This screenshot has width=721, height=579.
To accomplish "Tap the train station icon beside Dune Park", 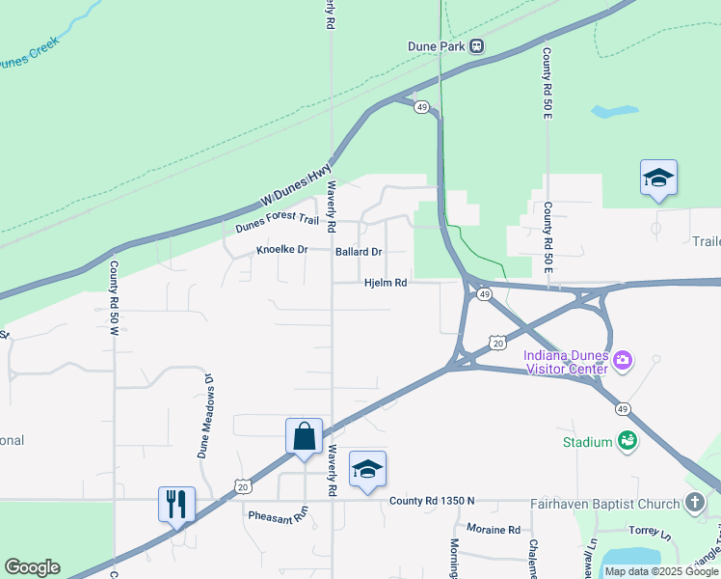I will (x=476, y=45).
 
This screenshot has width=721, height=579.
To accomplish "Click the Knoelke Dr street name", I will (x=281, y=250).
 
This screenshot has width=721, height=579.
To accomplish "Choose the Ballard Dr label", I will (x=359, y=252).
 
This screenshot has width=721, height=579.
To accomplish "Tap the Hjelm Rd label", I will (x=386, y=284).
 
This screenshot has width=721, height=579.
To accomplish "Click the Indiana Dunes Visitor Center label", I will (x=566, y=361).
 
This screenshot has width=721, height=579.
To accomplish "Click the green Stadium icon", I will (x=628, y=441).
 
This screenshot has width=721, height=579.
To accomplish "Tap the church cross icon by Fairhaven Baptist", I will (x=695, y=502).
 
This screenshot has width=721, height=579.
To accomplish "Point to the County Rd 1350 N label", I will (x=433, y=501).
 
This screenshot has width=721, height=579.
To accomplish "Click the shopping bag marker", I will (x=305, y=436).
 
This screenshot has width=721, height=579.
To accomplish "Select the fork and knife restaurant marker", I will (x=177, y=504).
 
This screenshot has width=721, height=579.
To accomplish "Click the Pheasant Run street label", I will (x=276, y=516).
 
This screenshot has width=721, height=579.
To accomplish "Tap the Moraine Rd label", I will (x=494, y=529).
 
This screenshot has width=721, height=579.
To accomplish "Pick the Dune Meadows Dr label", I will (x=204, y=416).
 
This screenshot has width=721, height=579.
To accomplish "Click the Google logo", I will (x=32, y=567).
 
